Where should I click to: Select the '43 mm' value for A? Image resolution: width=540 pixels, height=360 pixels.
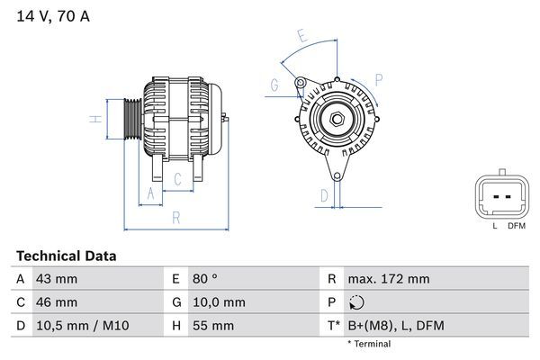point(56,279)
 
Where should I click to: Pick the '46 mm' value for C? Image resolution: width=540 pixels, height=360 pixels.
point(56,302)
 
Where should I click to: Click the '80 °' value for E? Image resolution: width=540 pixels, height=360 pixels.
point(207,279)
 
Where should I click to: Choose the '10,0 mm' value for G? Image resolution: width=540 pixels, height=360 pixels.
point(218,302)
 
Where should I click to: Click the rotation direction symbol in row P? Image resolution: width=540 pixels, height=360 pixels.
point(360,303)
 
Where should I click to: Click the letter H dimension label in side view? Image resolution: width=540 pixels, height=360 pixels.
point(94,119)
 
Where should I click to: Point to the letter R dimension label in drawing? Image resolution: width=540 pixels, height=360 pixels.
point(176,217)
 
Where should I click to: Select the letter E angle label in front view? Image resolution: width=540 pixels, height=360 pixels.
point(301,37)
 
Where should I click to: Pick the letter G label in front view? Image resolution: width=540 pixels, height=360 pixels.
point(274,85)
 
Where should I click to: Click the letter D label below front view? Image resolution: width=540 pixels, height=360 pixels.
point(324,194)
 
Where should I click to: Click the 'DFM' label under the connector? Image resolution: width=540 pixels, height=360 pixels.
point(516,226)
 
